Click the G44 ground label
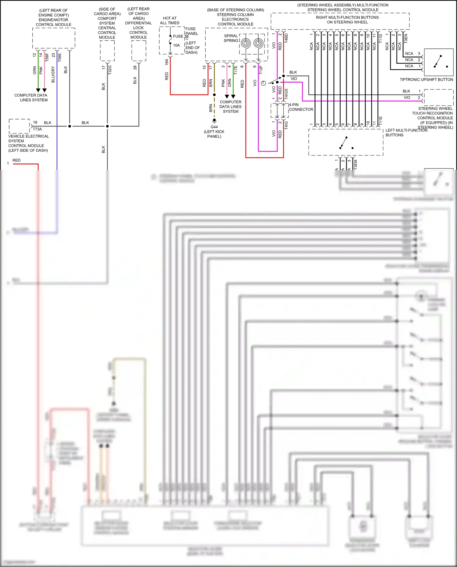click(x=214, y=127)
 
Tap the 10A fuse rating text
click(x=176, y=45)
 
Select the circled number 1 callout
click(x=264, y=83)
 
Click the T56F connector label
click(x=47, y=57)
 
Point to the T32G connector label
click(x=110, y=70)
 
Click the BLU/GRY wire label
click(x=53, y=74)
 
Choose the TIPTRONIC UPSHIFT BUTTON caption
click(x=426, y=80)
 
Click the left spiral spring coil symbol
click(x=246, y=43)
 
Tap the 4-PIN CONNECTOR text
click(x=301, y=107)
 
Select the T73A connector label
click(x=37, y=129)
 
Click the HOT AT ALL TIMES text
click(x=170, y=20)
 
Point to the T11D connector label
click(x=381, y=38)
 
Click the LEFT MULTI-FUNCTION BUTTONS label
click(x=406, y=133)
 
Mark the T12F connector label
click(x=261, y=70)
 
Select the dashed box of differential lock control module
click(x=139, y=51)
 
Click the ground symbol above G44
click(x=214, y=121)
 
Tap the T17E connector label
click(x=236, y=70)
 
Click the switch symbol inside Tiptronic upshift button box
click(x=439, y=62)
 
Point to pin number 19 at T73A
click(x=35, y=122)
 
